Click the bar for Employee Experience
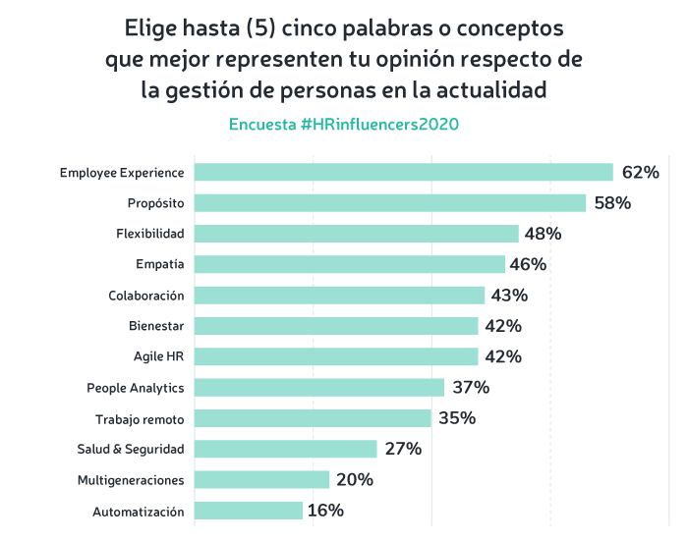coord(403,173)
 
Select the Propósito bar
coord(390,203)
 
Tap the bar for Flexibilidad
coord(356,234)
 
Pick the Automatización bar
coord(248,511)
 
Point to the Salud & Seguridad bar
coord(285,449)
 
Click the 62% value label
coord(639,173)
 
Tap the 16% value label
coord(325,511)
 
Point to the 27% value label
coord(403,449)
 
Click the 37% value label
coord(470,387)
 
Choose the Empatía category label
coord(160,264)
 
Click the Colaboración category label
coord(146,296)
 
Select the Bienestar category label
coord(156,326)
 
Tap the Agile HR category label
coord(158,356)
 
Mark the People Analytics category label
coord(136,387)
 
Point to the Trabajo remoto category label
coord(140,418)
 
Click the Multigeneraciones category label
coord(131,480)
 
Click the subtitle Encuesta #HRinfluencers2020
coord(344,126)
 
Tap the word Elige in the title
coord(152,24)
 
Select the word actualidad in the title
coord(490,90)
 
